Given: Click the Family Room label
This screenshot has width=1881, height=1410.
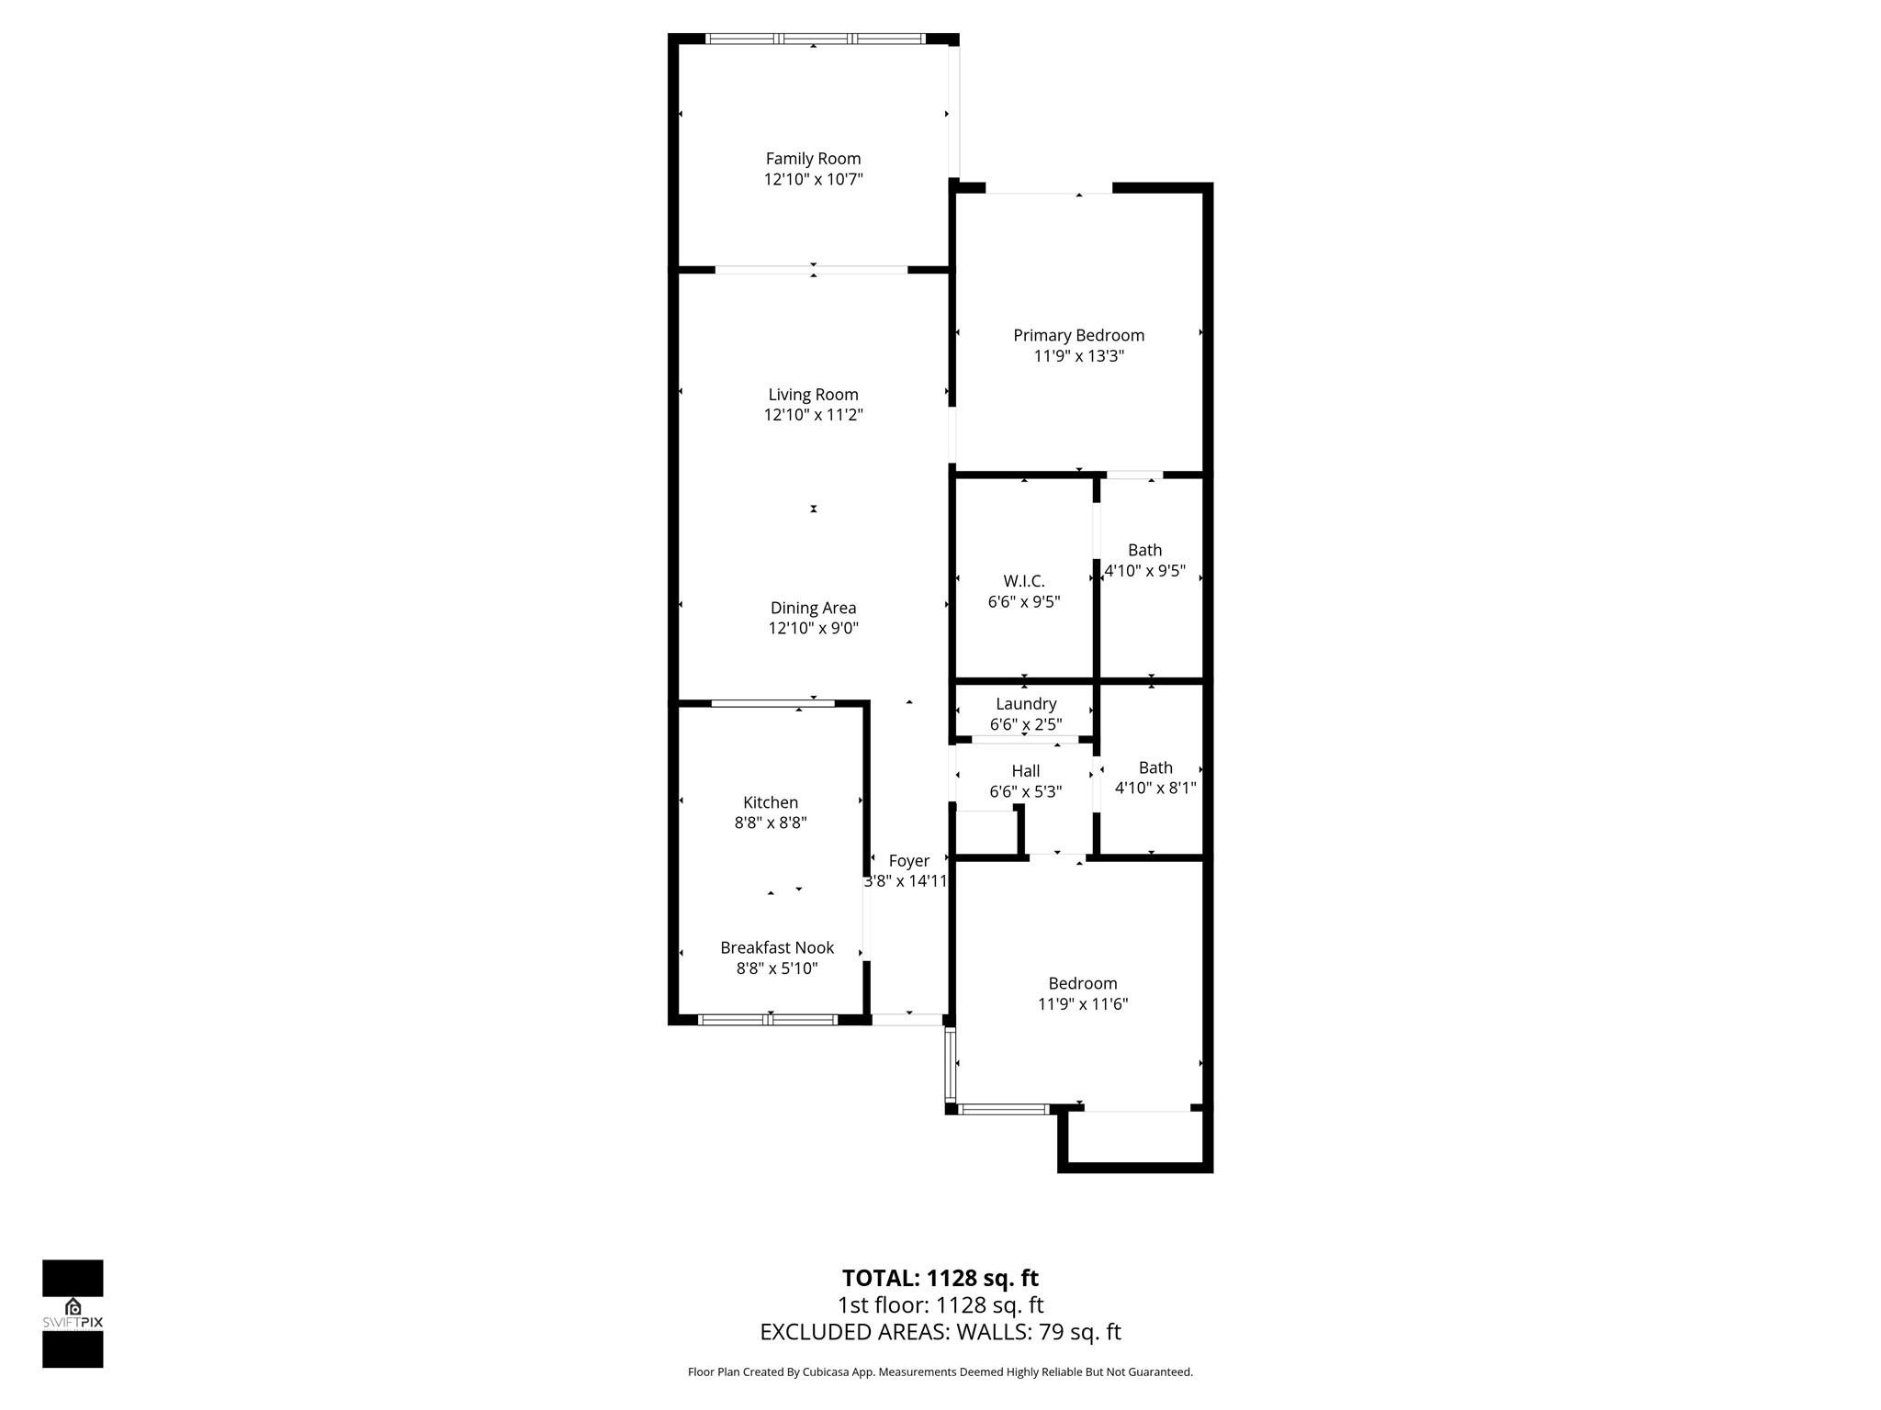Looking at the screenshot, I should pos(813,159).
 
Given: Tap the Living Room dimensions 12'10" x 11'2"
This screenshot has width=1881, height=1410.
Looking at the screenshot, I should pos(813,415).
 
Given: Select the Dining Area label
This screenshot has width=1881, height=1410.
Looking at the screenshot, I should pos(813,608).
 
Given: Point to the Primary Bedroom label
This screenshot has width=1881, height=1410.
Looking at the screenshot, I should pos(1078,336).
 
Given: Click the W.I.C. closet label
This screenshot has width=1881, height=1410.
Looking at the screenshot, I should pos(1023,581).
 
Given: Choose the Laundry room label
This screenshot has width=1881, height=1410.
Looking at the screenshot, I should pos(1026,704).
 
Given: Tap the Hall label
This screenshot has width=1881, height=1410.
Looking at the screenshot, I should pos(1025,771).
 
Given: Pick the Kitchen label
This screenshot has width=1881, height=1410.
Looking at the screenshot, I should pos(771,802).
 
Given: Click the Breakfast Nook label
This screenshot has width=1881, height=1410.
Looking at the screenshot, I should pos(777,947).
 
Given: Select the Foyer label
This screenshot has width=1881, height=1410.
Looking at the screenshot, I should pos(908,861).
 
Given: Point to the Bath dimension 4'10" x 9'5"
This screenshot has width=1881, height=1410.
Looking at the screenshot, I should pos(1144,571).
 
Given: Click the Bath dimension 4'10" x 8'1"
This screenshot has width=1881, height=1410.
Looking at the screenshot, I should pos(1155,788).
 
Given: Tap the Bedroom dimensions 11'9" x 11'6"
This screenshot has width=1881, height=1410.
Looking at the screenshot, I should pos(1083,1004).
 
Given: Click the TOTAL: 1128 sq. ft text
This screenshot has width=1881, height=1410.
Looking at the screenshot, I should pos(940,1278).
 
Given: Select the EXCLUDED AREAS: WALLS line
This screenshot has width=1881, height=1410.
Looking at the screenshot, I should pos(940,1332).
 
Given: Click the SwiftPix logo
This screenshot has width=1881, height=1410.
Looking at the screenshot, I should pos(73,1314).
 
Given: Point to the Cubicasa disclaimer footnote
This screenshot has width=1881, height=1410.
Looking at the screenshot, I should pos(940,1372).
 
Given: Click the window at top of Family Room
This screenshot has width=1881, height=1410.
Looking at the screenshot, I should pos(814,39).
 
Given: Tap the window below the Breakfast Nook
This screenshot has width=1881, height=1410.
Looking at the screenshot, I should pos(768,1019).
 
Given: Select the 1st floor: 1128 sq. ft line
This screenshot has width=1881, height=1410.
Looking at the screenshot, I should pos(940,1305).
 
